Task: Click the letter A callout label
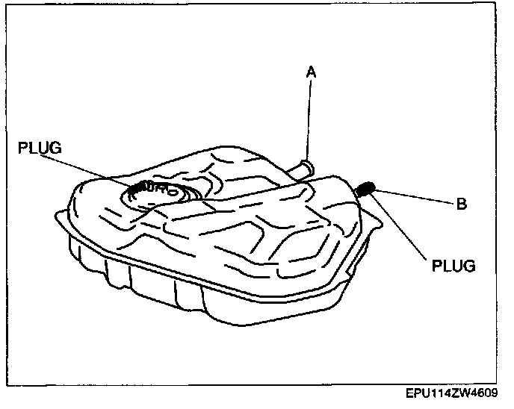pyautogui.click(x=311, y=72)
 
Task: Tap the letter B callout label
pyautogui.click(x=462, y=204)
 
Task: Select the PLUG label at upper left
pyautogui.click(x=39, y=149)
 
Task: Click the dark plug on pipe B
pyautogui.click(x=366, y=189)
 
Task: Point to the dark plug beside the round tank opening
pyautogui.click(x=138, y=187)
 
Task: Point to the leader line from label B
pyautogui.click(x=415, y=197)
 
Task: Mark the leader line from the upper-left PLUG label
pyautogui.click(x=90, y=167)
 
